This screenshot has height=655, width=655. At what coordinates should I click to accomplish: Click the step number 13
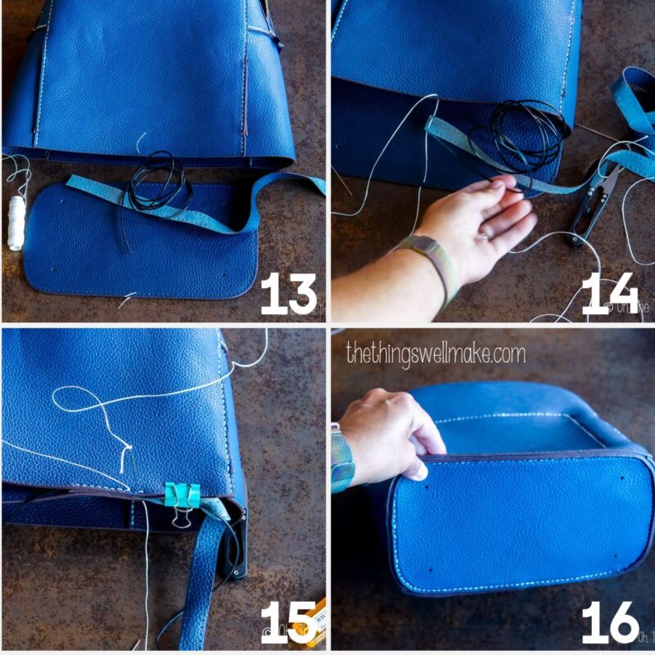288,294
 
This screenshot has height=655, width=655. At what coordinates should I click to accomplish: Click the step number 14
609,294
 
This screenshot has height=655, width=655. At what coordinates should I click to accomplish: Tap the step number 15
288,621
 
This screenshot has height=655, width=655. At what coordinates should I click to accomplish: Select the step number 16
610,621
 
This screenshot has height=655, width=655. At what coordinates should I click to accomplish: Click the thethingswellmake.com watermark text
435,353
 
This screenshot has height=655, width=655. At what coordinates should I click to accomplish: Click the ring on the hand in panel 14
484,237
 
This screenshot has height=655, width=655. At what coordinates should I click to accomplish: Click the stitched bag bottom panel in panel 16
516,524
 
